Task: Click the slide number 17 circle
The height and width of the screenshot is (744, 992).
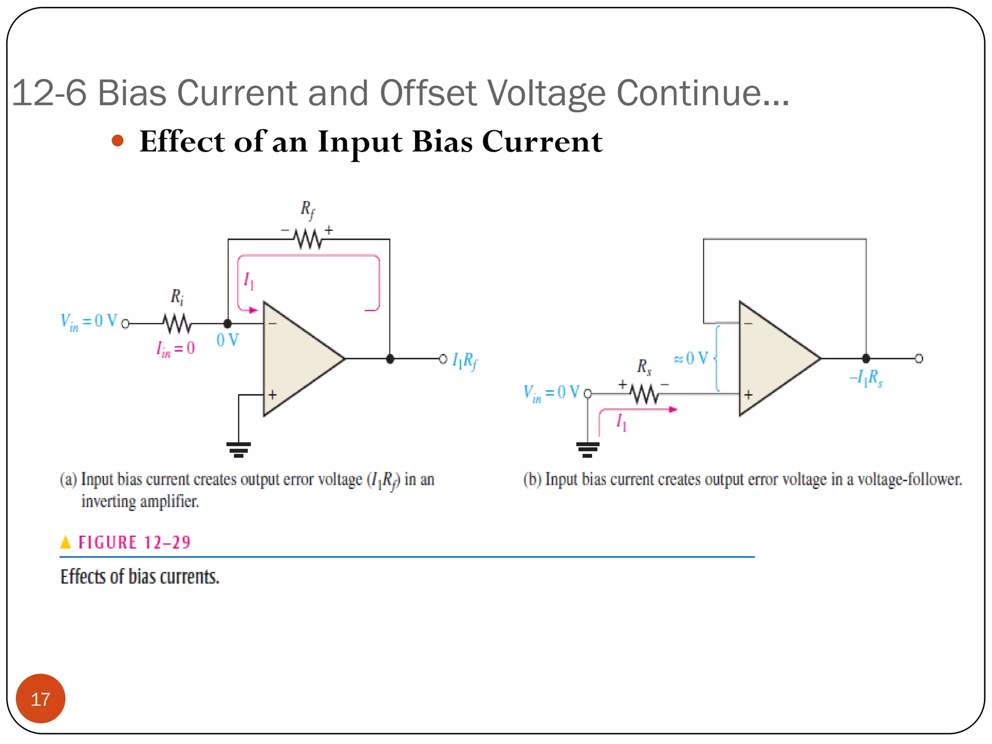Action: [x=40, y=698]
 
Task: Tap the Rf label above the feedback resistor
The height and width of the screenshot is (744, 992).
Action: [x=308, y=210]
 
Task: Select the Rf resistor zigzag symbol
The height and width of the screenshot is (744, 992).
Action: [x=309, y=239]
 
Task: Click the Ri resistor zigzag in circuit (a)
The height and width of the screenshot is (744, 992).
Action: [x=177, y=324]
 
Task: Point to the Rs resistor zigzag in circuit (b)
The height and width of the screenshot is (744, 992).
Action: [x=645, y=394]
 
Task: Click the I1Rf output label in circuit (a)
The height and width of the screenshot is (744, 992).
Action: [x=465, y=361]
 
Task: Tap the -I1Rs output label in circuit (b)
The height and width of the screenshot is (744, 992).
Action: [x=867, y=378]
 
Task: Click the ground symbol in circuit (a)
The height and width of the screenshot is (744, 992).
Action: [x=238, y=449]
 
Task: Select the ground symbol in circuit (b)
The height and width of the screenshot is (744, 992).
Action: [x=588, y=449]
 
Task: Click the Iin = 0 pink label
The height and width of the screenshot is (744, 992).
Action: [x=175, y=348]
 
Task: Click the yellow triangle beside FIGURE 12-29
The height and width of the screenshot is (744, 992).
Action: [x=65, y=542]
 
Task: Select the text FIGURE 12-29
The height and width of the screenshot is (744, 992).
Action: [x=134, y=542]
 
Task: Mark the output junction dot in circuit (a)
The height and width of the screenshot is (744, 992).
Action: [x=390, y=359]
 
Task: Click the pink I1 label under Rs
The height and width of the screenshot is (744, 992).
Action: [x=621, y=422]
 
